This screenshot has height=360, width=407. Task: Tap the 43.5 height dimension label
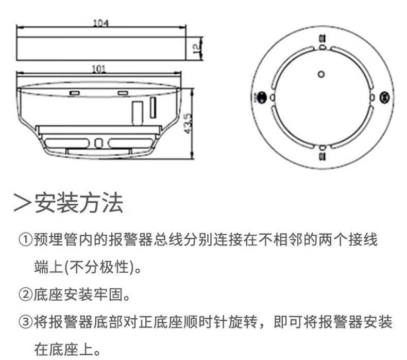tap(188, 122)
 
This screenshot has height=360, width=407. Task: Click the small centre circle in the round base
tap(321, 74)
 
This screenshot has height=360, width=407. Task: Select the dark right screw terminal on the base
tap(383, 97)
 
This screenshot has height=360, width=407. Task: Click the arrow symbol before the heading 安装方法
tap(23, 203)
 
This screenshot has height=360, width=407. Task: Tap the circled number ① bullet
tap(25, 240)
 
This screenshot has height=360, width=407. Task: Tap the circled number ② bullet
tap(25, 296)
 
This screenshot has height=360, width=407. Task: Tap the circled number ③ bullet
tap(25, 323)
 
